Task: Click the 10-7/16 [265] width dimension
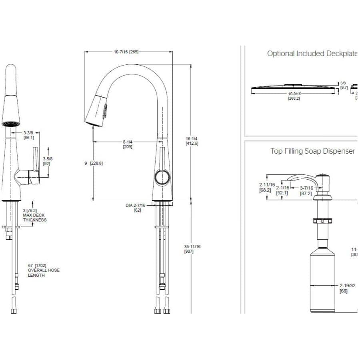(x=126, y=52)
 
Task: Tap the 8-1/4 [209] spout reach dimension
(x=128, y=144)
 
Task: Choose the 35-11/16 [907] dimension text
(x=192, y=249)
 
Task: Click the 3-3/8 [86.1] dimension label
(x=28, y=135)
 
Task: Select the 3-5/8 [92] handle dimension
(x=48, y=161)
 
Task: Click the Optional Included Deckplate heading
(x=312, y=54)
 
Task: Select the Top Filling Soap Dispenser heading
(x=312, y=151)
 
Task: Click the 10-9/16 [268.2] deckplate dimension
(x=294, y=96)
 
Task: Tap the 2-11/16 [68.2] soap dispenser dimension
(x=266, y=187)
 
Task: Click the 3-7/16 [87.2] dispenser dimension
(x=306, y=190)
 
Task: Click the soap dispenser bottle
(x=323, y=280)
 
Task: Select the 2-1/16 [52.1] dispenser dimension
(x=282, y=190)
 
